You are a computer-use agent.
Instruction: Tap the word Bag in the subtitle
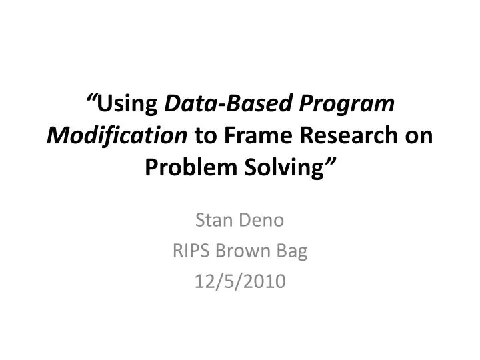click(294, 252)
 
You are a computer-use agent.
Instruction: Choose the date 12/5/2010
click(239, 283)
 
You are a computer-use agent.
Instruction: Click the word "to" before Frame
click(203, 137)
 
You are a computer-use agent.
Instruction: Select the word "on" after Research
click(420, 137)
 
